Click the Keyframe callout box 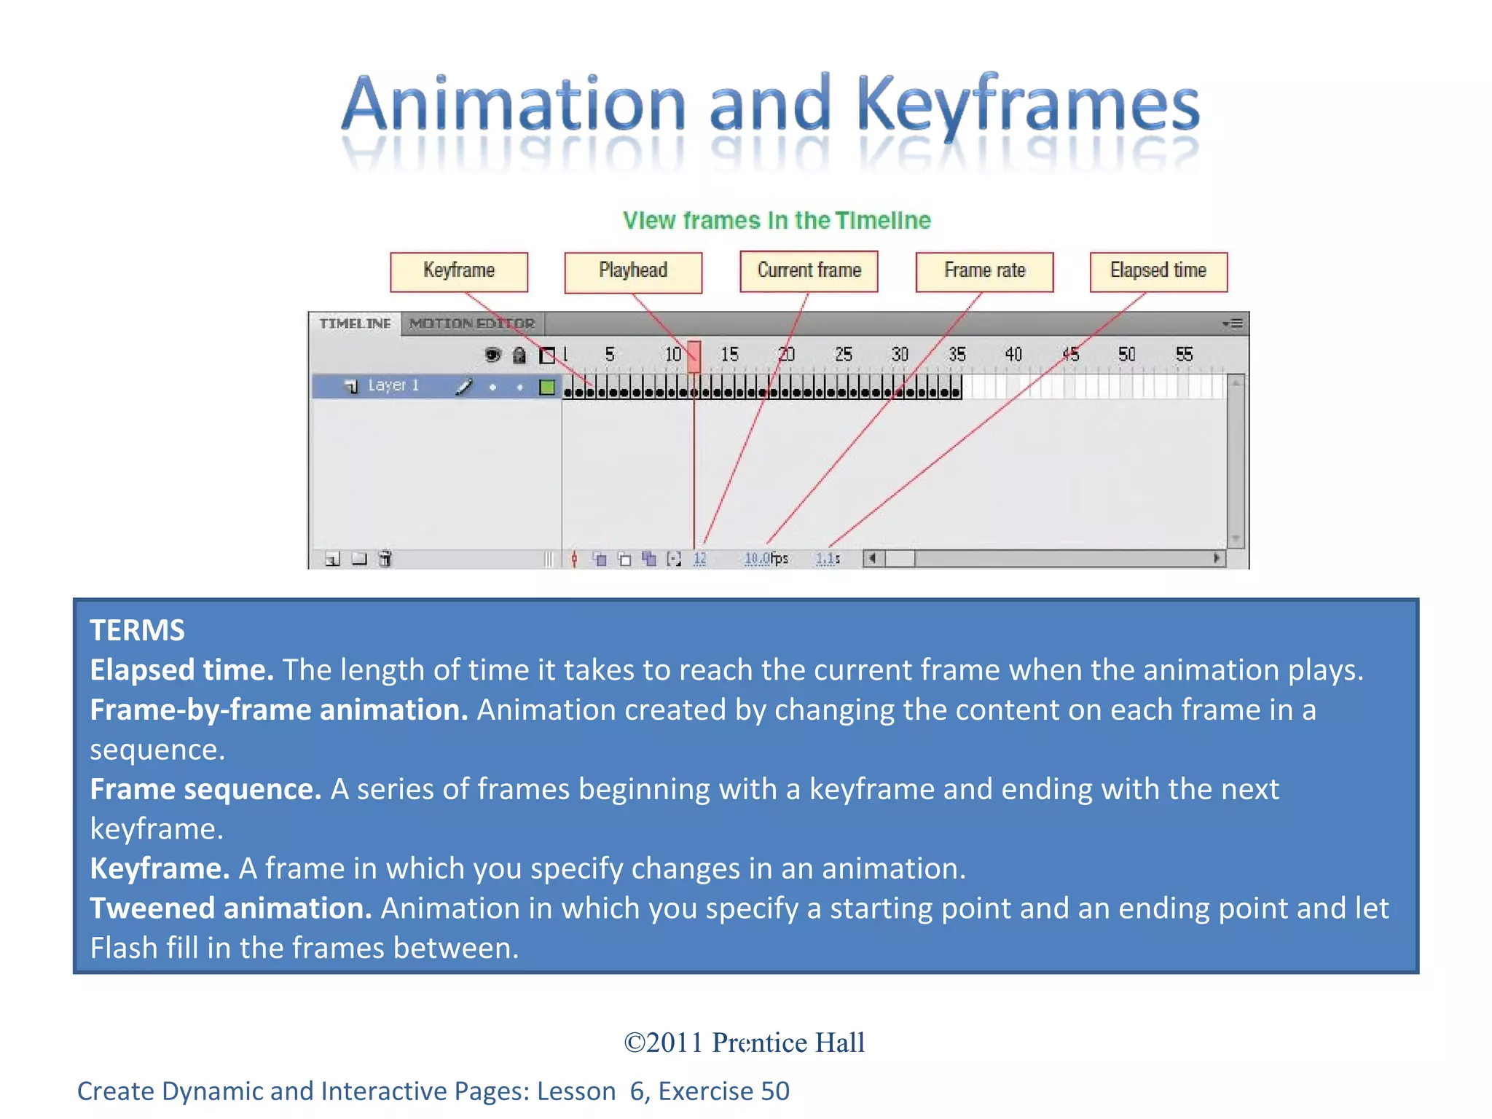point(458,272)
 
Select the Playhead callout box point(633,272)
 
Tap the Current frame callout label point(809,271)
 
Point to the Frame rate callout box point(984,272)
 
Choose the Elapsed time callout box point(1158,271)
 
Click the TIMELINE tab point(355,323)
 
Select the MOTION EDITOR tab point(472,323)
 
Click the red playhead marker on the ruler point(694,356)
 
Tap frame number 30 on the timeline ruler point(900,355)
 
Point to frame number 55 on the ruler point(1184,355)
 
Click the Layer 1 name point(393,385)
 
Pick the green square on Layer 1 point(547,387)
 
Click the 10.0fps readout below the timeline point(766,559)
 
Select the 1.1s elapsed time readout point(828,559)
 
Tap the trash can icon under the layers point(385,559)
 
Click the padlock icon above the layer point(519,356)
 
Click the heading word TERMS point(137,630)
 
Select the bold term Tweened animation point(230,908)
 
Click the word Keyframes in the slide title point(1028,106)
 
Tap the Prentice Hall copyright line point(745,1043)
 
